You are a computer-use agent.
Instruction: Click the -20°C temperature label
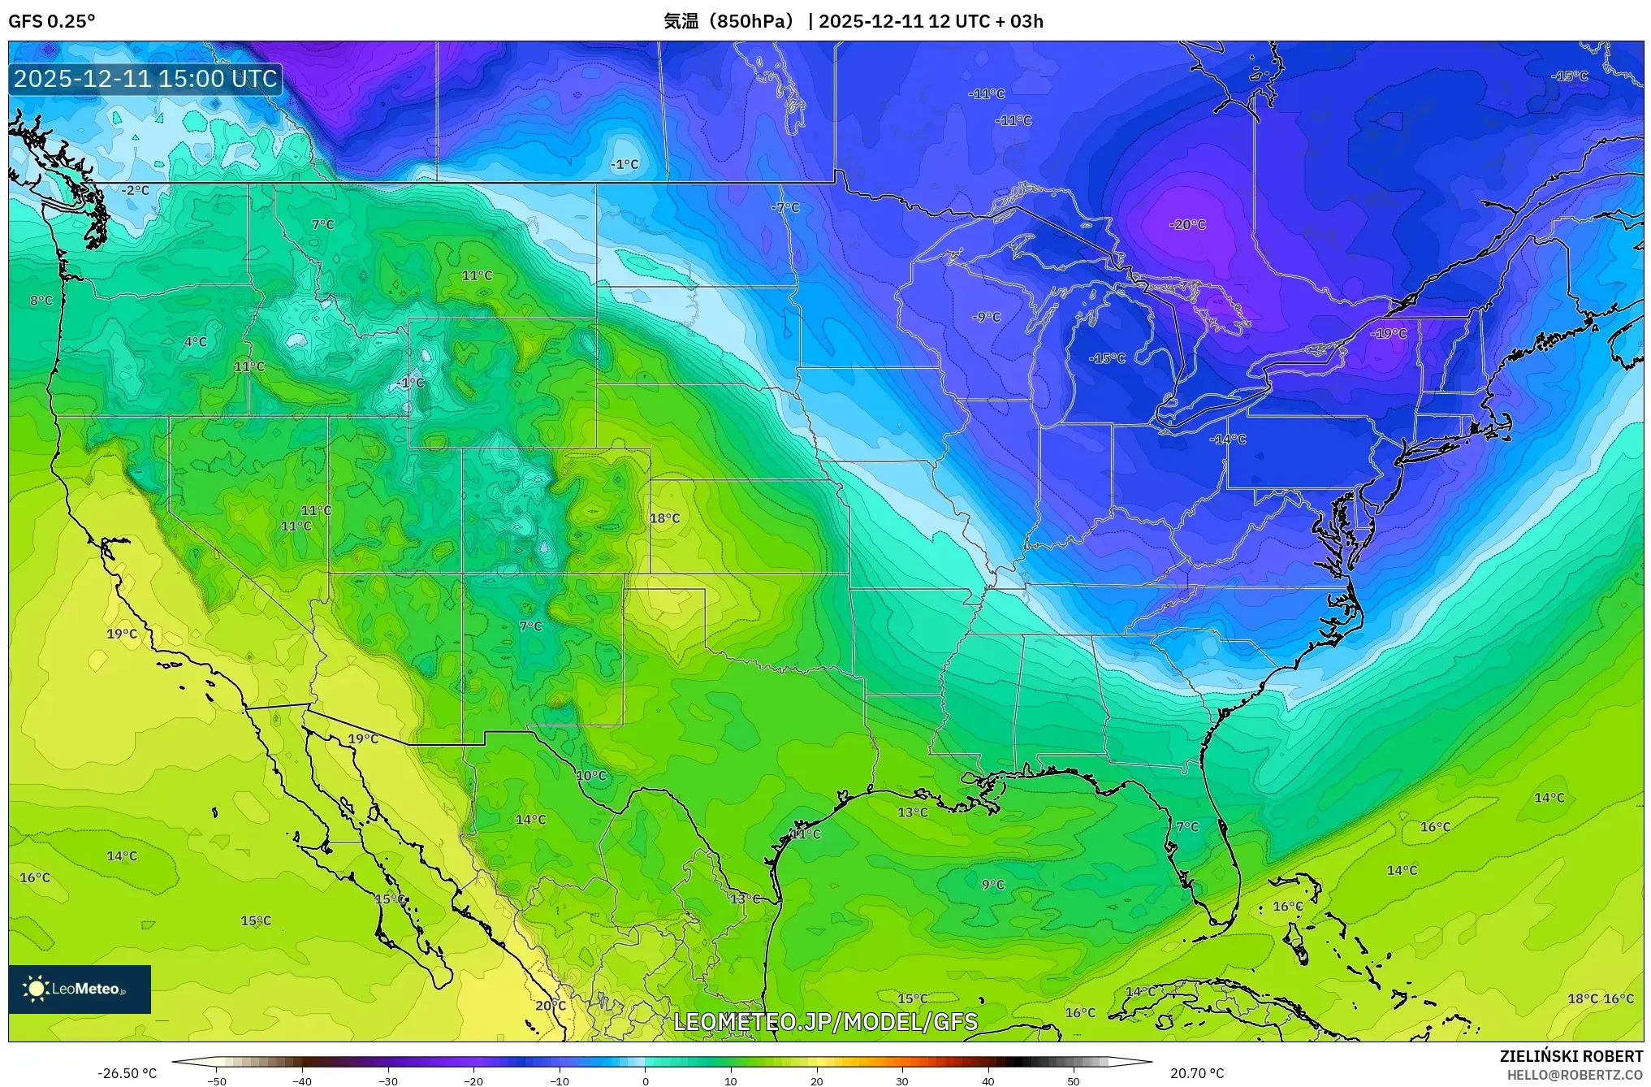point(1187,225)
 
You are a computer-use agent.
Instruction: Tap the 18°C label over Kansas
point(664,518)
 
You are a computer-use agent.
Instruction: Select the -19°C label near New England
point(1388,334)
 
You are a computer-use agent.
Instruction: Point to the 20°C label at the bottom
point(550,1006)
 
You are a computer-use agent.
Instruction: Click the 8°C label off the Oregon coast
point(41,301)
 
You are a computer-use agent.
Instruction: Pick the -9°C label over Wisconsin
point(986,318)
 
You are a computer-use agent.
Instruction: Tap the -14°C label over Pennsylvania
point(1227,440)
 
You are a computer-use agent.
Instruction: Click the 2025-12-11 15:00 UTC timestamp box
point(145,79)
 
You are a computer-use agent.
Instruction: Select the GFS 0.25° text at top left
point(51,21)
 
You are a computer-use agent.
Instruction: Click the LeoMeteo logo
point(80,989)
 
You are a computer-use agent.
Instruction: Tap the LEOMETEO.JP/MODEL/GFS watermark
point(825,1022)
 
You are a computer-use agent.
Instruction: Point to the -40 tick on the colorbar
point(302,1081)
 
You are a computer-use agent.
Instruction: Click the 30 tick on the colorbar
point(902,1081)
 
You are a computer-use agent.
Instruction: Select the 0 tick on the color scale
point(646,1081)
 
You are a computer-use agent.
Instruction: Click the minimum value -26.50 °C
point(127,1073)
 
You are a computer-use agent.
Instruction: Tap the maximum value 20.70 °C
point(1196,1073)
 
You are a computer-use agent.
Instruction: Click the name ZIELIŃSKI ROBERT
point(1571,1057)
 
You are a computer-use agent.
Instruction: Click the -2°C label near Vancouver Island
point(135,191)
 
